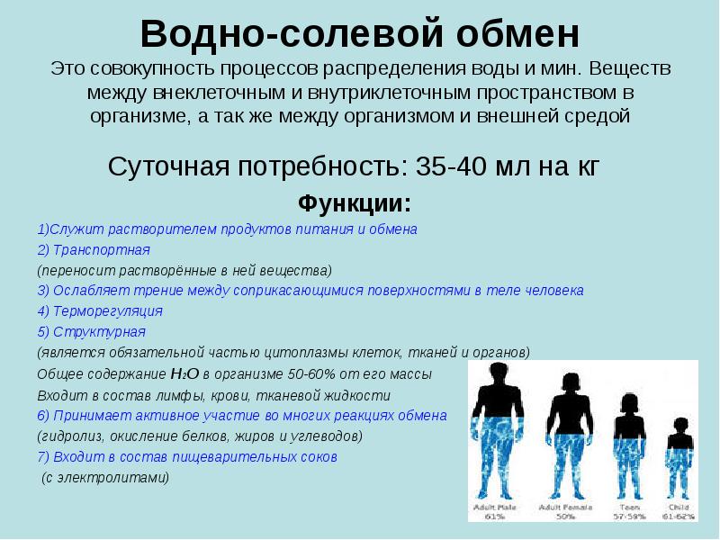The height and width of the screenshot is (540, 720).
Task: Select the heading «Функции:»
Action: tap(354, 201)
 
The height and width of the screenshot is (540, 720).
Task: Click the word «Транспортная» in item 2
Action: tap(101, 249)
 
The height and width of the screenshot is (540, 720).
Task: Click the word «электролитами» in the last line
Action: tap(124, 478)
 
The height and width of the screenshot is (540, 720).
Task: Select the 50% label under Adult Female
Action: tap(565, 517)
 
